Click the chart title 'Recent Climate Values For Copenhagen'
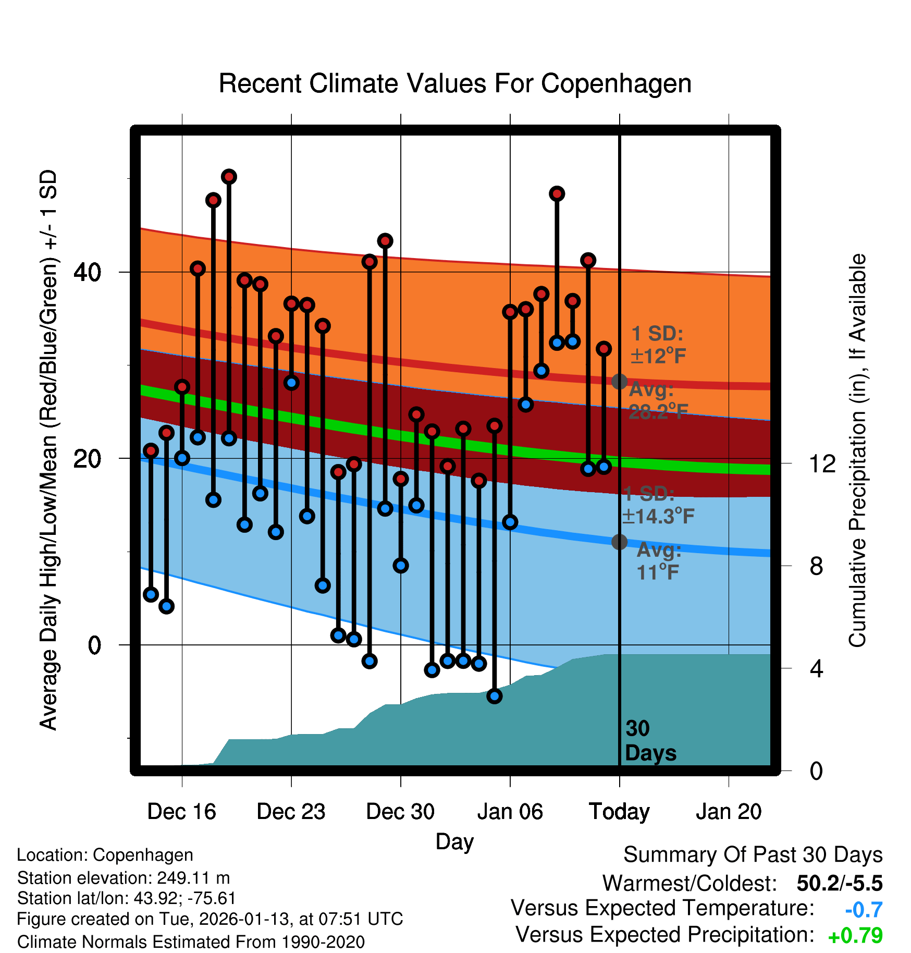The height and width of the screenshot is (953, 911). click(455, 83)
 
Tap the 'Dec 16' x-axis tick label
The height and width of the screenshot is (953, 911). click(181, 812)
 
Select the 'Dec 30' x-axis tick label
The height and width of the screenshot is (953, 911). click(400, 812)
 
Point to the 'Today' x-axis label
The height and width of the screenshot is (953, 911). click(619, 812)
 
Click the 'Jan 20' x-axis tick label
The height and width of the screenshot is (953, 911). click(729, 812)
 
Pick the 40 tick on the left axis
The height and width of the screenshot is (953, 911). click(88, 272)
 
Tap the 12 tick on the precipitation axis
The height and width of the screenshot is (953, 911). click(822, 463)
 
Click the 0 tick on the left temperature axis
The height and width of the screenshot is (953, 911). click(94, 645)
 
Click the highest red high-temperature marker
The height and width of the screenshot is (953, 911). click(229, 177)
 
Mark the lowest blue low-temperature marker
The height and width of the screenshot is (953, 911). click(494, 696)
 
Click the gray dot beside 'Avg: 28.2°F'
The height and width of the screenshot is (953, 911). click(619, 382)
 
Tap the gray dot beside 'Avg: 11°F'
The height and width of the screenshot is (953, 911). click(619, 542)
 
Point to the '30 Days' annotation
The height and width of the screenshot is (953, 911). click(650, 741)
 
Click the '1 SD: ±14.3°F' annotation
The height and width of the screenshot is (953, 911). click(658, 505)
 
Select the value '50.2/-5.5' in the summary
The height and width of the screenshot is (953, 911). click(840, 884)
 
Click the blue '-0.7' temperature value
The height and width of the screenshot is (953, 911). click(864, 910)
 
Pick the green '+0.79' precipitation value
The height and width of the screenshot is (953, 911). click(855, 936)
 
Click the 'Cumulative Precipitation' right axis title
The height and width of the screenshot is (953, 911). click(857, 451)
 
